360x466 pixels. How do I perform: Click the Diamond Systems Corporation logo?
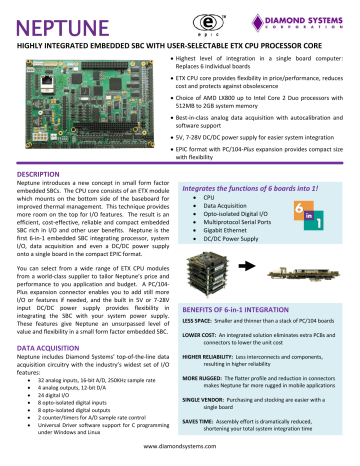[x=299, y=20]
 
